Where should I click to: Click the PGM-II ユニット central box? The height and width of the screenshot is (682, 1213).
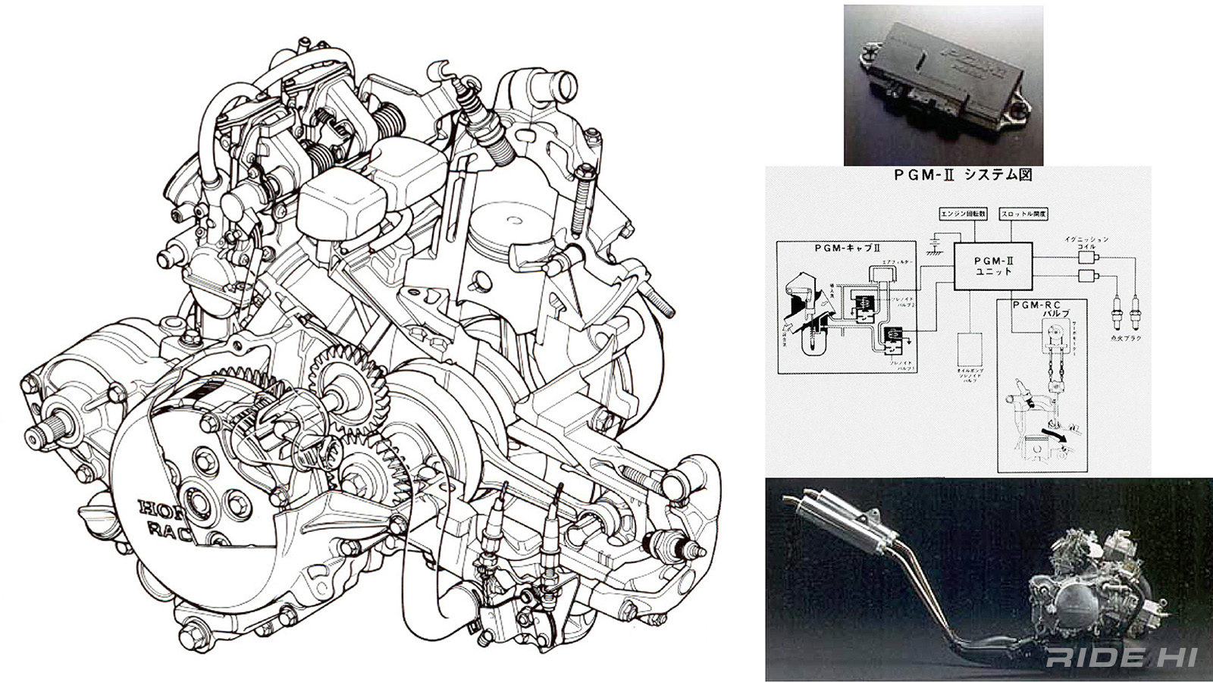(x=992, y=266)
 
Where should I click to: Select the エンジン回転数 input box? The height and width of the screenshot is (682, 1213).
(x=965, y=214)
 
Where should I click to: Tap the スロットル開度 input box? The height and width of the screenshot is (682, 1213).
(x=1023, y=214)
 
